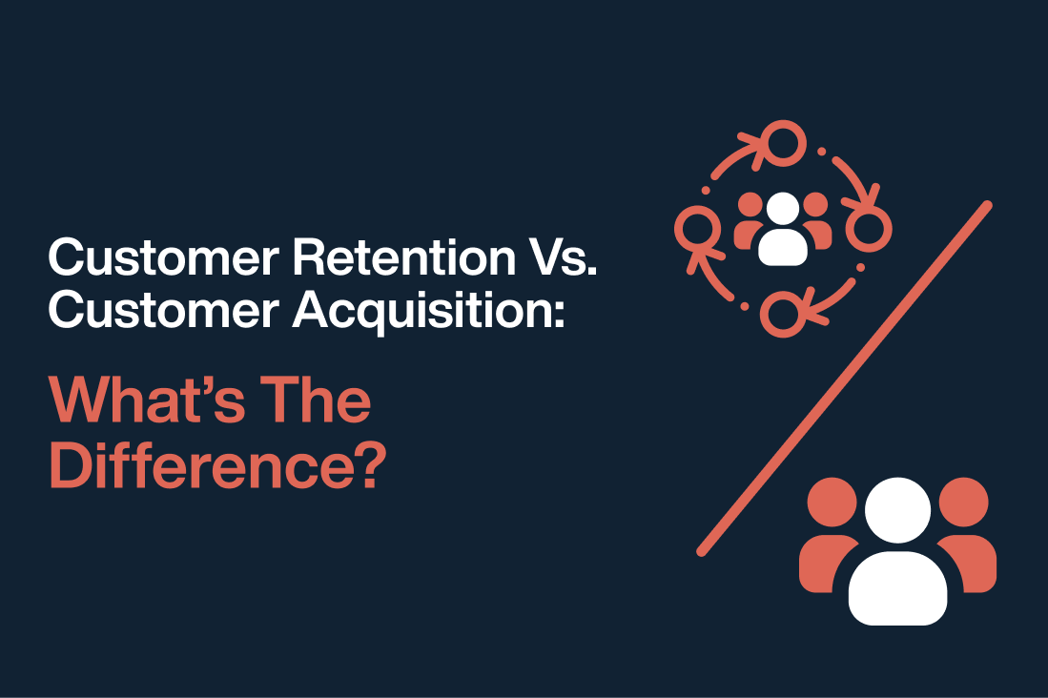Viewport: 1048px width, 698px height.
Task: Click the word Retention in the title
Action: pos(404,257)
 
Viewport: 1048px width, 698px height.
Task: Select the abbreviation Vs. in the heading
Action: pos(563,257)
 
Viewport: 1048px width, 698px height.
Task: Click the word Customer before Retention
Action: pos(164,257)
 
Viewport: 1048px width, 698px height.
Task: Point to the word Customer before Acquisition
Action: pos(164,311)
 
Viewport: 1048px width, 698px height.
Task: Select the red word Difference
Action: pos(200,465)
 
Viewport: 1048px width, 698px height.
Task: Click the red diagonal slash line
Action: pos(845,378)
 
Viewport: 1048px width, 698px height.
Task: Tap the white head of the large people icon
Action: pos(897,510)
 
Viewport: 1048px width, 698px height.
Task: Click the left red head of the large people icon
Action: pos(832,502)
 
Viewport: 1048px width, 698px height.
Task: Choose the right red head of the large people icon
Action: pos(964,502)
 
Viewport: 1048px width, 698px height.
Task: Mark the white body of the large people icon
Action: pos(897,588)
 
